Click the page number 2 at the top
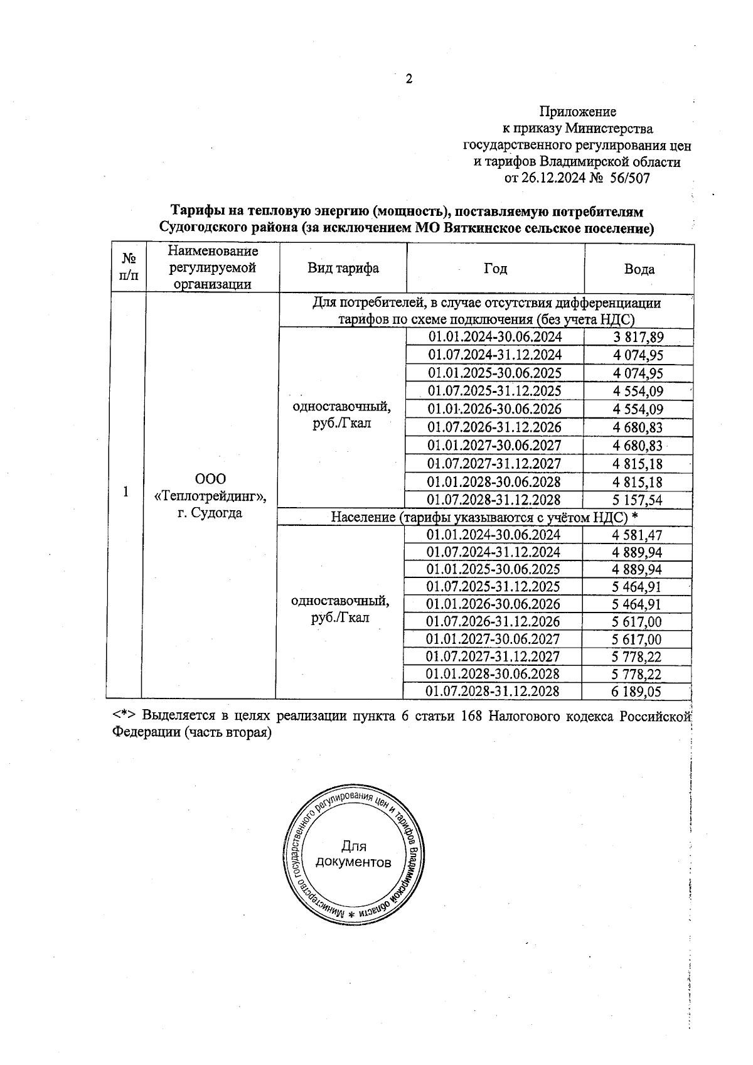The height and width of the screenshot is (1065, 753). [x=409, y=79]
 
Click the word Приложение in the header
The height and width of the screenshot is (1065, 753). [x=577, y=112]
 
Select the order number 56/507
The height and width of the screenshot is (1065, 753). [x=629, y=178]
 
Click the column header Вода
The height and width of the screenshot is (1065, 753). [x=639, y=269]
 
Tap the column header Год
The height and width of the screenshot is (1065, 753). [x=495, y=269]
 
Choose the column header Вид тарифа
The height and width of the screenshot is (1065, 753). [x=343, y=269]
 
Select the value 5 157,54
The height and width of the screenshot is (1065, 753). [x=638, y=501]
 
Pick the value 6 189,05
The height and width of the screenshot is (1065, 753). [x=636, y=692]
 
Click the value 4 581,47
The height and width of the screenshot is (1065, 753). [x=636, y=535]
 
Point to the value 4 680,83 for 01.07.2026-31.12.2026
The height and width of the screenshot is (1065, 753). [x=638, y=428]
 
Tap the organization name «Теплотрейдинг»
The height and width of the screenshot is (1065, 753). [x=210, y=496]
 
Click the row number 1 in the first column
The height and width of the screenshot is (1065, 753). [x=126, y=491]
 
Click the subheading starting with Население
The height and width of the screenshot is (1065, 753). [x=484, y=518]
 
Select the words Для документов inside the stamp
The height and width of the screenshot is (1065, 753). [x=353, y=854]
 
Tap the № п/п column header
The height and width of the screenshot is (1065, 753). [x=129, y=267]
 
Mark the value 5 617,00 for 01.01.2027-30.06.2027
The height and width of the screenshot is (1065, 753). [x=636, y=640]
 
